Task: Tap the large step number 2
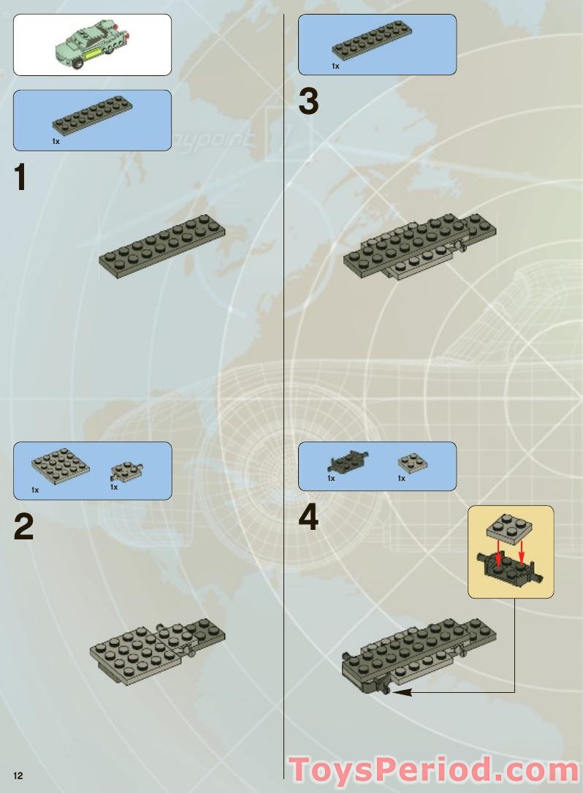click(x=24, y=527)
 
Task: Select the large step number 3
click(x=308, y=102)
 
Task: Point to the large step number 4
click(x=308, y=519)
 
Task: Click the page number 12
click(x=18, y=775)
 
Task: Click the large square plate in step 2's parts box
click(x=61, y=466)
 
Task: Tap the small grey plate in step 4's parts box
click(x=413, y=463)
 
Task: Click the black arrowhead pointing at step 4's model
click(x=400, y=691)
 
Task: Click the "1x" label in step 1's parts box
click(x=56, y=142)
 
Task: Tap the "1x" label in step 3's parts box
click(x=335, y=67)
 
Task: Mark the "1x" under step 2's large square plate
click(x=35, y=490)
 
